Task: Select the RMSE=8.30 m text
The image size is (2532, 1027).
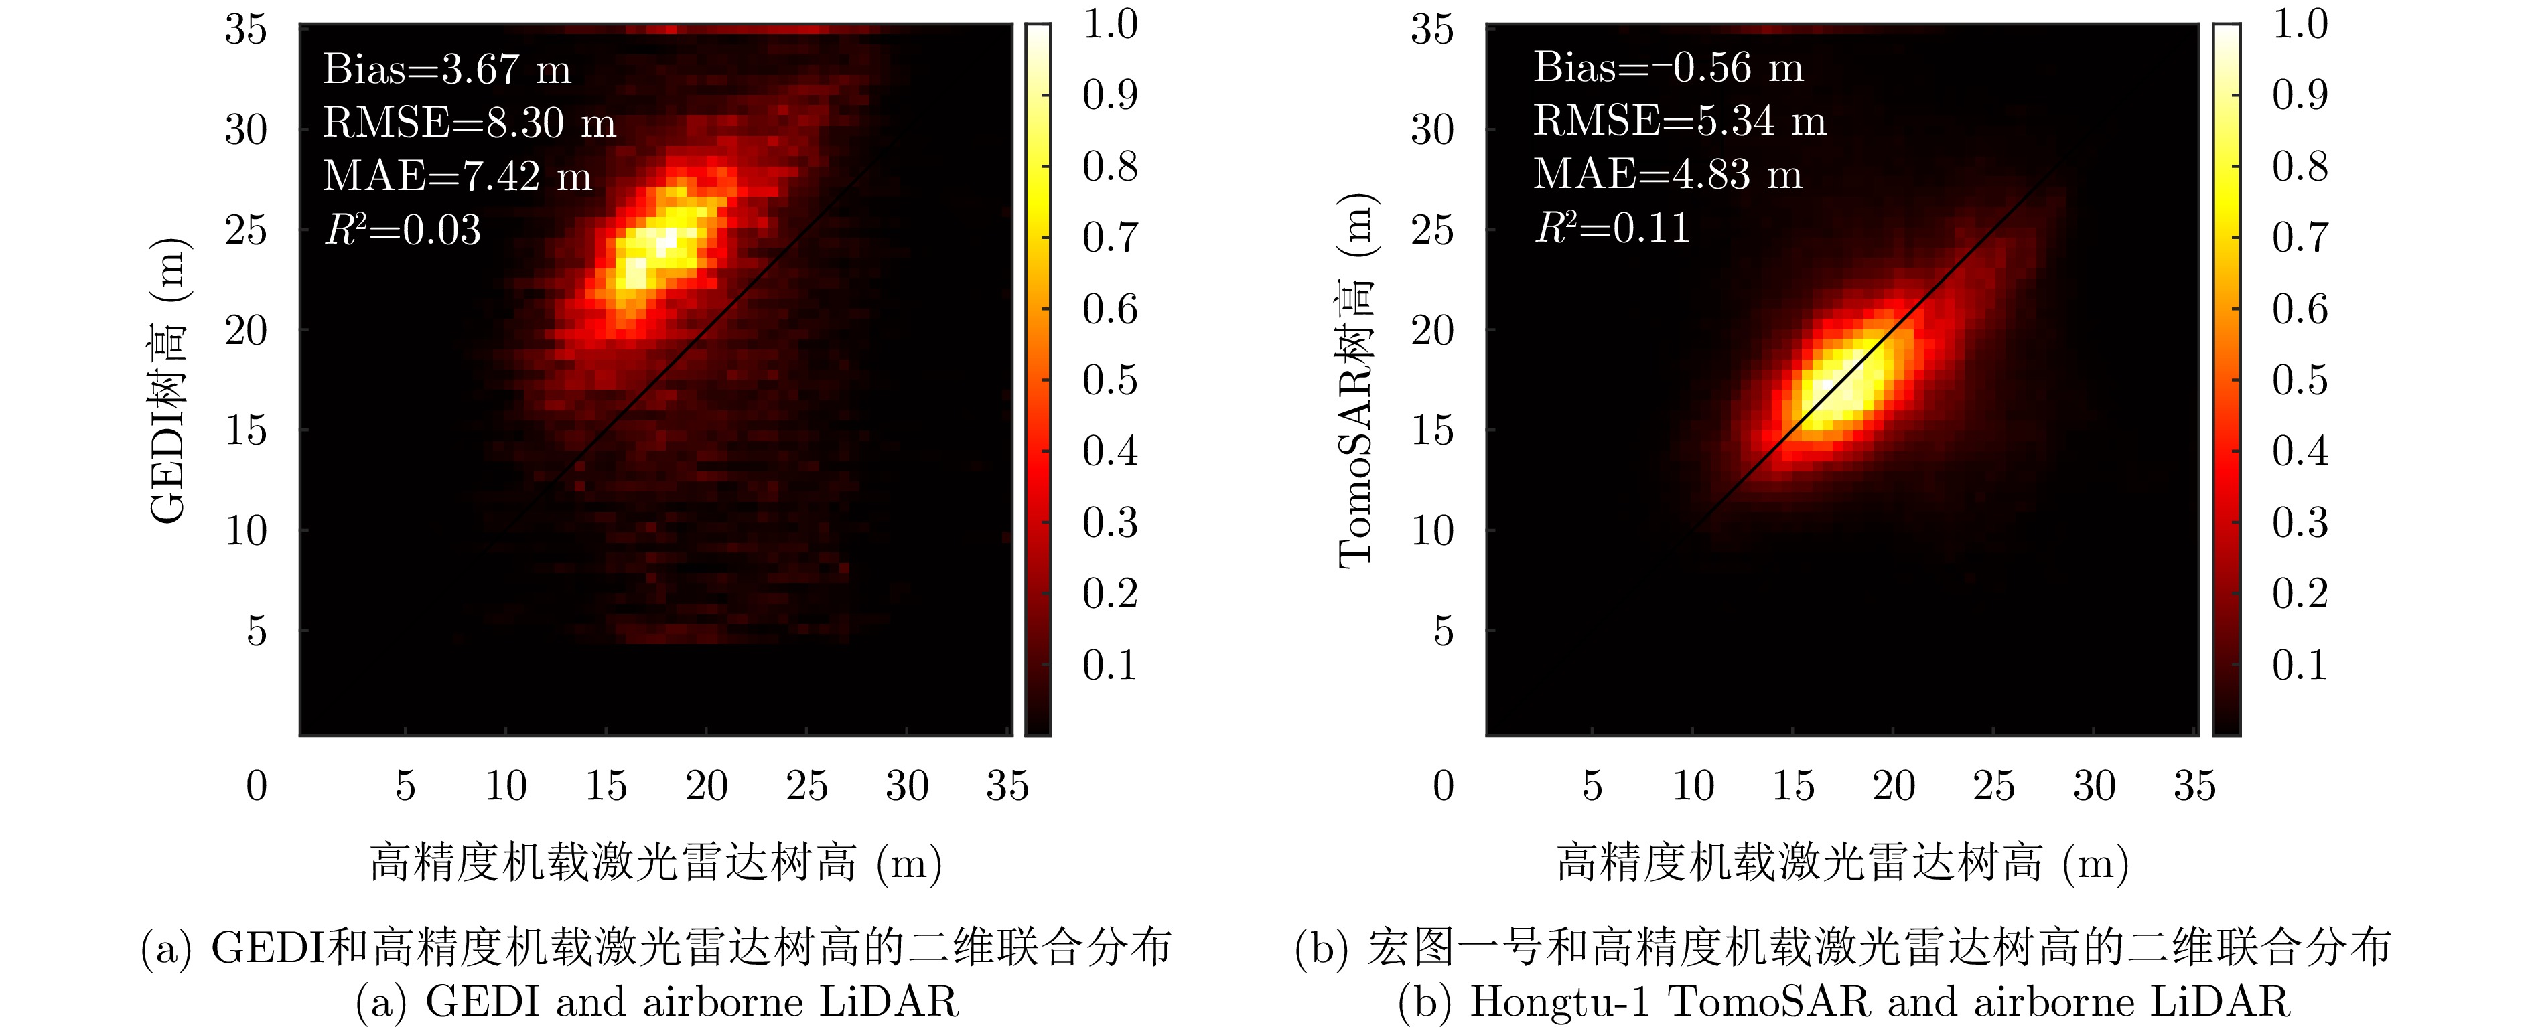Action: point(469,123)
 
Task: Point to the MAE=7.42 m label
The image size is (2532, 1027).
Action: point(457,177)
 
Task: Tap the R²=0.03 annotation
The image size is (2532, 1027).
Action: point(403,230)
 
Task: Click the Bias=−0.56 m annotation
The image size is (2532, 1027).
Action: point(1668,68)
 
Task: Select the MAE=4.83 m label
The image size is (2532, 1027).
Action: point(1667,175)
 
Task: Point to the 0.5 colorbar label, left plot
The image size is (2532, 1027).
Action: point(1110,380)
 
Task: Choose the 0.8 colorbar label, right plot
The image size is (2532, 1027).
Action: point(2299,166)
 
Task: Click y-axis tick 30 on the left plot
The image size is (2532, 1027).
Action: point(246,130)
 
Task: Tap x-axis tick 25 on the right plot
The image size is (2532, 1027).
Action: point(1993,785)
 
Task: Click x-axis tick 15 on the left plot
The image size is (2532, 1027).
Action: point(606,785)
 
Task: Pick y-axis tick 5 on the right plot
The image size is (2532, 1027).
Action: point(1443,631)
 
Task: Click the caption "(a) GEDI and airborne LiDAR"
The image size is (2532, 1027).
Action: point(656,1002)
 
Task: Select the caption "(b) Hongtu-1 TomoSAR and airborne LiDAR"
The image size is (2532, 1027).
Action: point(1843,1002)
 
